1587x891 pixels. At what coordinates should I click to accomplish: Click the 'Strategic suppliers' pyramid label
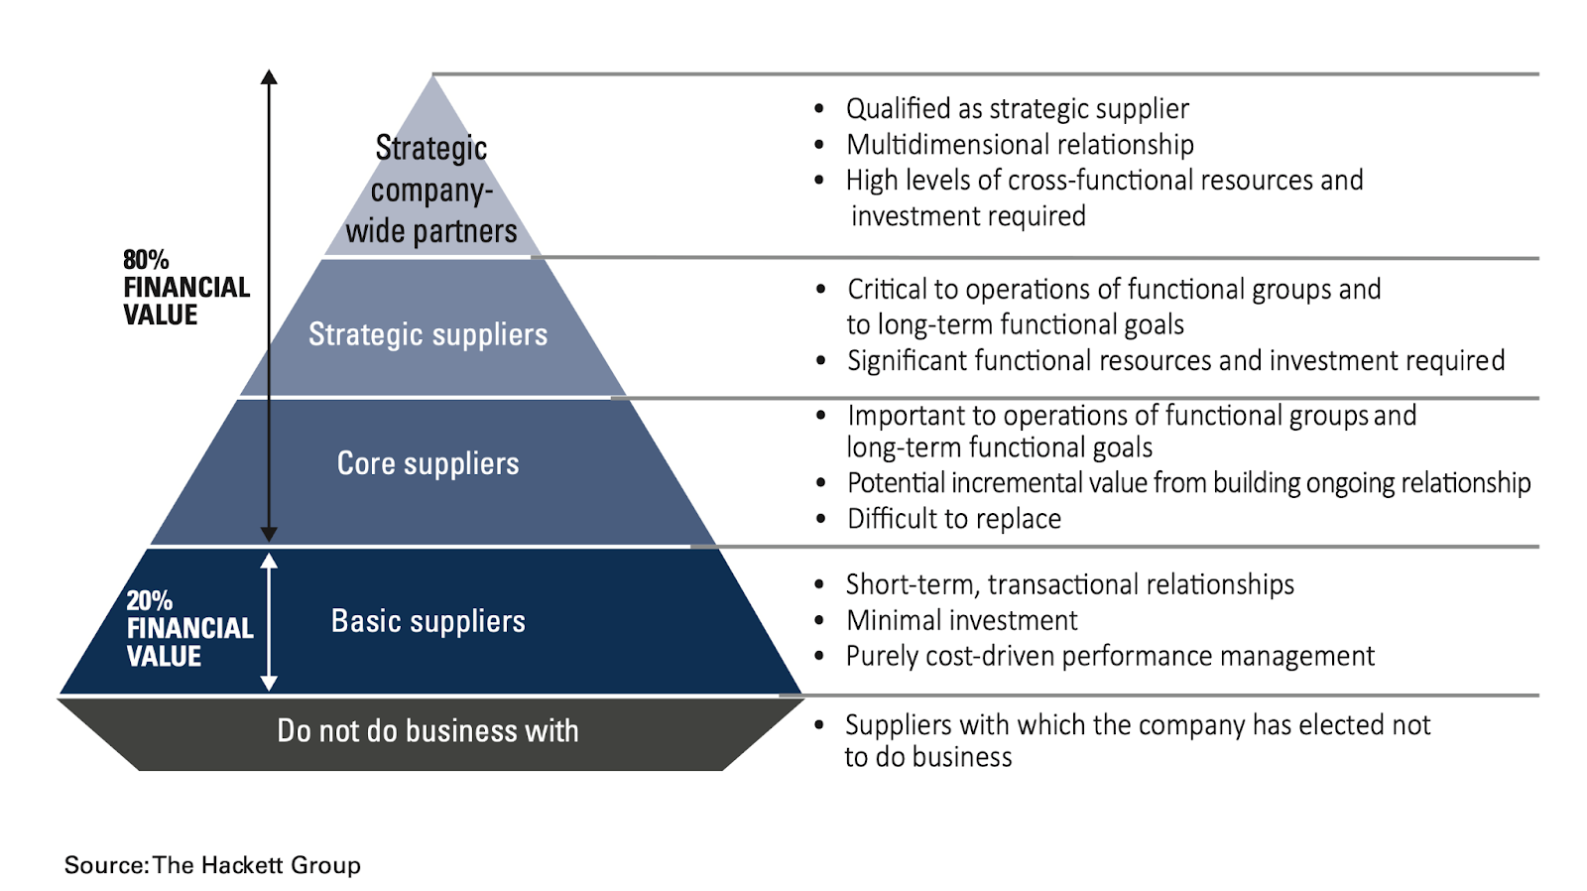click(427, 335)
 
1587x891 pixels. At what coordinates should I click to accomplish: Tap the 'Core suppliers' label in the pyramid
click(427, 463)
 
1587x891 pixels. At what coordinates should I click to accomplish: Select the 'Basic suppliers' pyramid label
click(427, 621)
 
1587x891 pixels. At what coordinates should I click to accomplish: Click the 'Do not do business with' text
click(427, 731)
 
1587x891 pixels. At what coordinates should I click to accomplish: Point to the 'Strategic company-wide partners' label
click(431, 190)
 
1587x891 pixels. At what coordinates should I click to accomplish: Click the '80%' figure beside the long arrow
click(146, 260)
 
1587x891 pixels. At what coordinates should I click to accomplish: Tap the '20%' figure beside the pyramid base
click(149, 600)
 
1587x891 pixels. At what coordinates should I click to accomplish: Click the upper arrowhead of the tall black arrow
click(269, 77)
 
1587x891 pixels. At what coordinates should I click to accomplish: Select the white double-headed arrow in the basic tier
click(269, 621)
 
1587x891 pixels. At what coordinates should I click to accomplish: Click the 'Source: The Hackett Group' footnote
click(212, 865)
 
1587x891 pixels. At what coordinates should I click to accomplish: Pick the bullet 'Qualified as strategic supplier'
click(1017, 109)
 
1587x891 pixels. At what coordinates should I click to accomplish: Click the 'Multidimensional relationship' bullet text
click(1020, 145)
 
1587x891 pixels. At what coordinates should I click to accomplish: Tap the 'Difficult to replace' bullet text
click(953, 519)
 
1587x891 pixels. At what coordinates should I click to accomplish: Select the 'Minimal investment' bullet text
click(961, 621)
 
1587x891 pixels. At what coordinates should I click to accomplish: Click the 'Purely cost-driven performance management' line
click(1109, 657)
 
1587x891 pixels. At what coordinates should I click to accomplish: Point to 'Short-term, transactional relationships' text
click(1069, 585)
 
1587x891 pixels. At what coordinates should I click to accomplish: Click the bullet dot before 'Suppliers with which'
click(818, 725)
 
